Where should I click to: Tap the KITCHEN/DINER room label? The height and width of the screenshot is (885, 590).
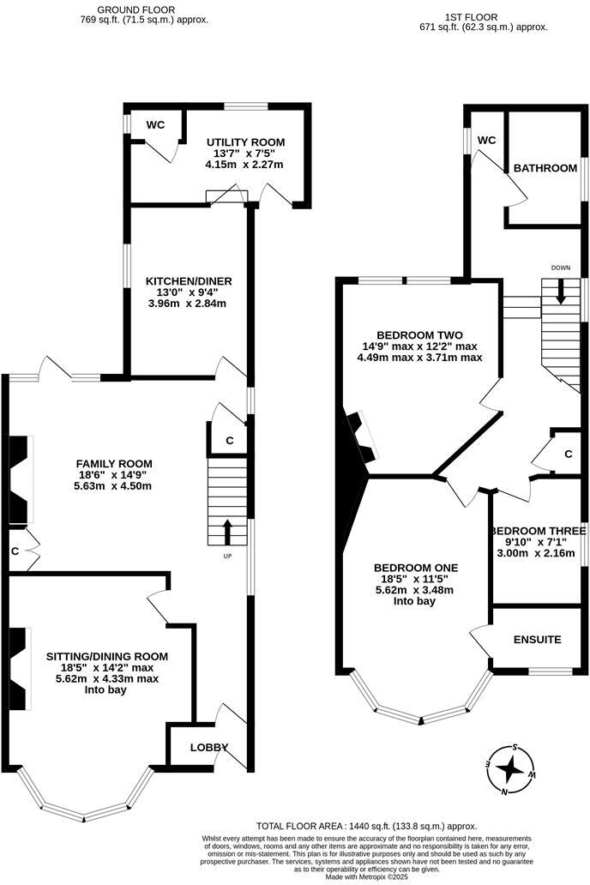click(189, 281)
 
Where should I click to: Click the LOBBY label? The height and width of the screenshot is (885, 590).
click(208, 747)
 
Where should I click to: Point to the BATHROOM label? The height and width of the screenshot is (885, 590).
click(545, 168)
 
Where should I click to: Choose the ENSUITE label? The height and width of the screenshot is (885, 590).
click(537, 640)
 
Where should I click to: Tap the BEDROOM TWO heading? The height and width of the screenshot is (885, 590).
click(419, 335)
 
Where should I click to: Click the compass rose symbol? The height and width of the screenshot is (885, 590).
click(510, 768)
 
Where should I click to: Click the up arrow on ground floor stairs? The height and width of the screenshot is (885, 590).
click(227, 532)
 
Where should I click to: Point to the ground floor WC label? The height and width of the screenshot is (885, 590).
click(155, 125)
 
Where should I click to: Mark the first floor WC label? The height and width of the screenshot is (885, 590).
click(486, 141)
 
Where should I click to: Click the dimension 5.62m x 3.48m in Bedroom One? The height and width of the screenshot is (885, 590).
click(416, 590)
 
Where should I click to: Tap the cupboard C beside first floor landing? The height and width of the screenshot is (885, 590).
click(568, 453)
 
